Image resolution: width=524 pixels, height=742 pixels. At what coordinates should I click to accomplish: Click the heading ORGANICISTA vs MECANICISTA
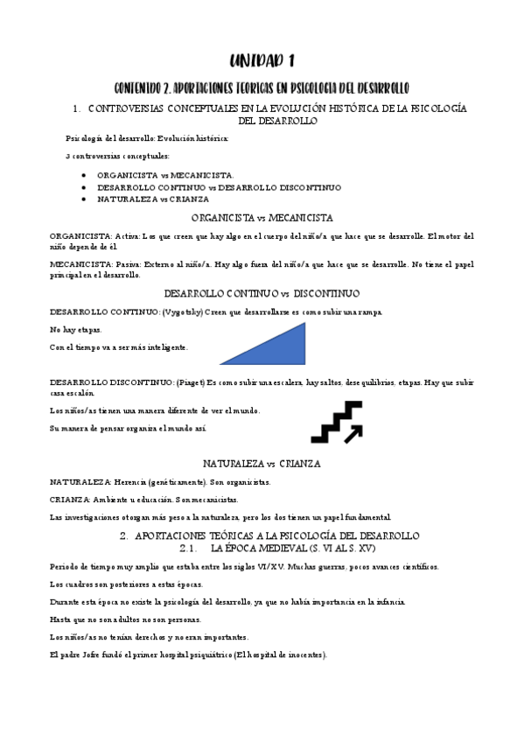(262, 218)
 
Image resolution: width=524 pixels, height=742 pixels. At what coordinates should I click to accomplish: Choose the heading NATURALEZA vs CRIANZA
(262, 463)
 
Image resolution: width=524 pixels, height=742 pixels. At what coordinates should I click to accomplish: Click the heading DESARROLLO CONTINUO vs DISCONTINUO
(262, 293)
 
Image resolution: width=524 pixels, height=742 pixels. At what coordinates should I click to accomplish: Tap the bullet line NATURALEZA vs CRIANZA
(147, 199)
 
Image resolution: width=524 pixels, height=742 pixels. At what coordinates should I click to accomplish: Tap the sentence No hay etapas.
(77, 330)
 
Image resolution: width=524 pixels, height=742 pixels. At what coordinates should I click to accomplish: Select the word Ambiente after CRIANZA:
(123, 499)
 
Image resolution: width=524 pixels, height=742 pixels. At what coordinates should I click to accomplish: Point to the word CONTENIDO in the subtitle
(143, 87)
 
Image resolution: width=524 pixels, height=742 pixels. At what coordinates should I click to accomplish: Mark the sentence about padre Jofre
(188, 655)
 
